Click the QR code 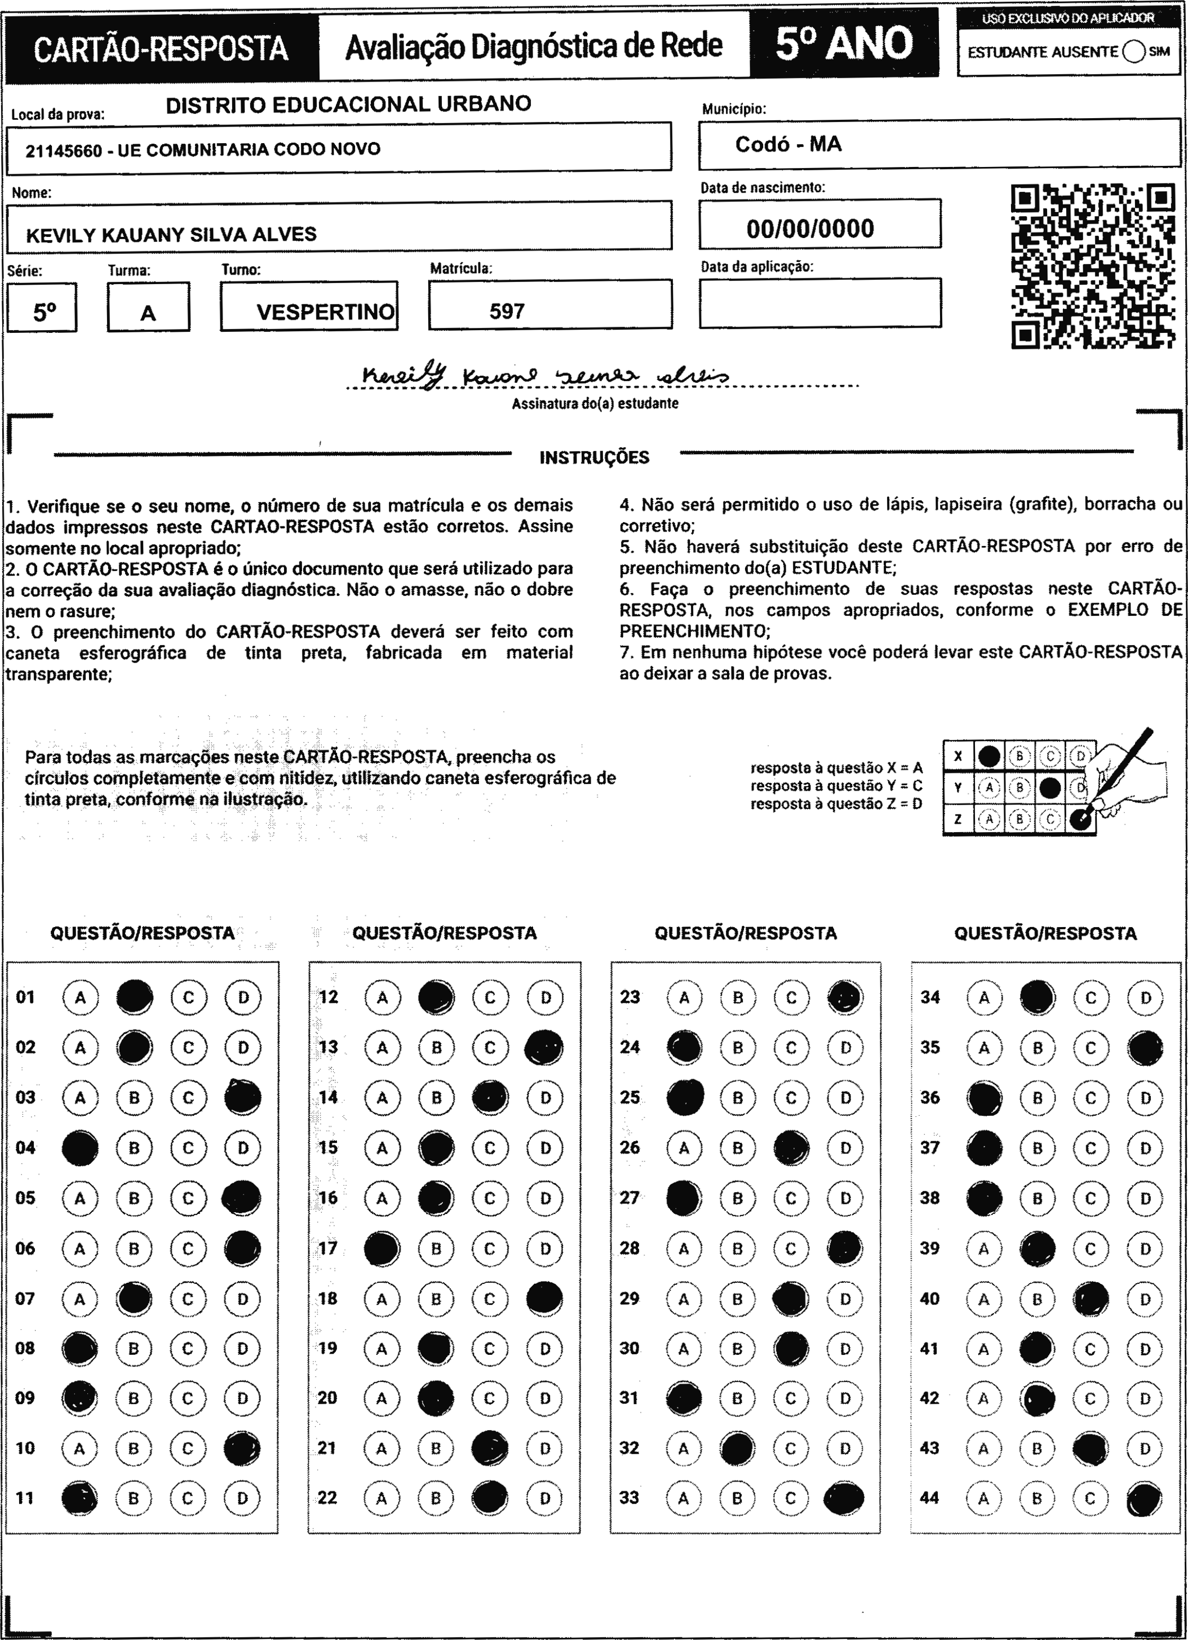(x=1092, y=266)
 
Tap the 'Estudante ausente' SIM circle (x=1134, y=52)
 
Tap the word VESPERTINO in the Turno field (x=325, y=312)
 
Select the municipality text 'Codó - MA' (x=788, y=144)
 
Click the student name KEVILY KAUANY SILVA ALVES (x=171, y=234)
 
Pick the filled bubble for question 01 (x=135, y=997)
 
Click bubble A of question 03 (x=80, y=1098)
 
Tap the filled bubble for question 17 (x=382, y=1248)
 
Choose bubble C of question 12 (x=490, y=997)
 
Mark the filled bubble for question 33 (x=844, y=1497)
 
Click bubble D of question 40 (x=1145, y=1299)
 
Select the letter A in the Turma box (x=148, y=313)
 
